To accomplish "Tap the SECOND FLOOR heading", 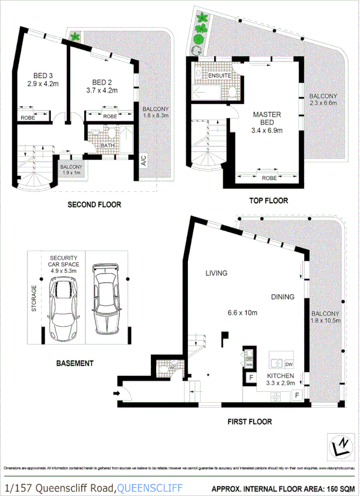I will coord(94,205).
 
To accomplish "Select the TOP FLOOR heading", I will coord(268,200).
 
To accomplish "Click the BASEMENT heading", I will coord(75,363).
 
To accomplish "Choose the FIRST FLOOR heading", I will coord(249,422).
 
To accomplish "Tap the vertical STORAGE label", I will coord(34,298).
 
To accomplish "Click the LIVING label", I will coord(216,273).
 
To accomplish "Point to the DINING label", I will coord(283,297).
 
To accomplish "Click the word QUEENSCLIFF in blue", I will coord(150,488).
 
